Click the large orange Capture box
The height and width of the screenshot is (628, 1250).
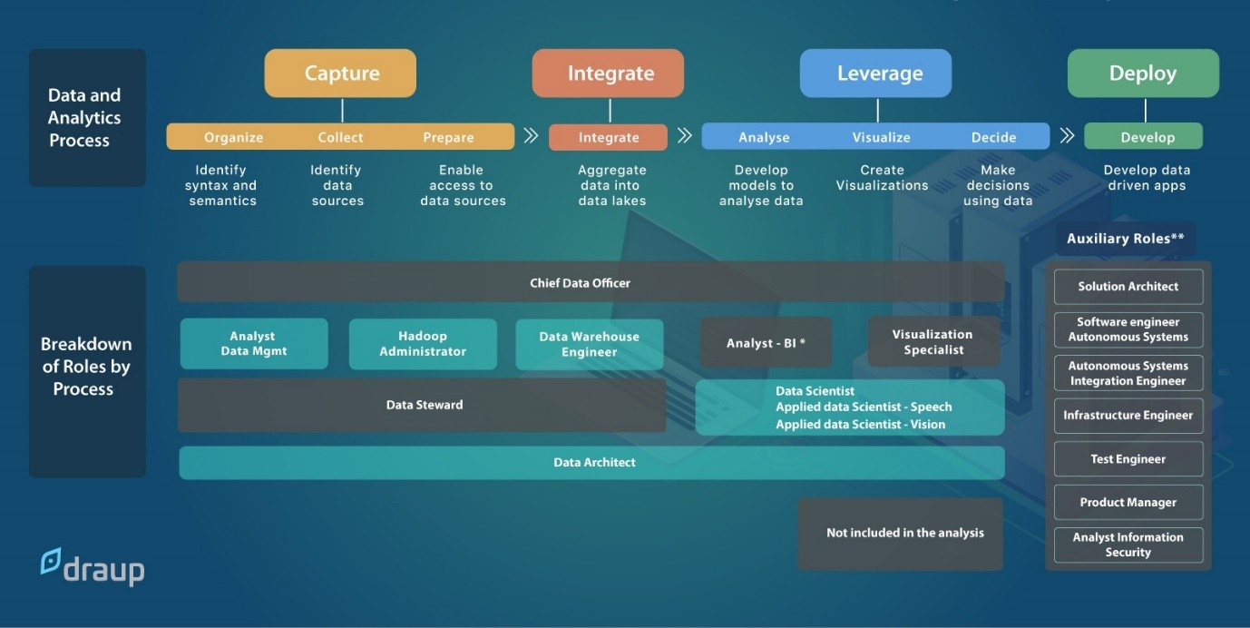(340, 74)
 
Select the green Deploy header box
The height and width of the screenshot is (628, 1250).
(1143, 74)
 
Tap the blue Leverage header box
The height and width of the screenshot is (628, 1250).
(875, 74)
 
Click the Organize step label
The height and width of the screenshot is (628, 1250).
(233, 137)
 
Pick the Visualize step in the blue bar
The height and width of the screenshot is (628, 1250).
(881, 137)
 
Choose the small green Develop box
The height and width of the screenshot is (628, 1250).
(1143, 137)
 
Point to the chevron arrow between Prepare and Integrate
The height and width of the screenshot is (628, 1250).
(531, 136)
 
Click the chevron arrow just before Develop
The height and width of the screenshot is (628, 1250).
(1067, 136)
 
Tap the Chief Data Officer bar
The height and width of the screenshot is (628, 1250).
(591, 282)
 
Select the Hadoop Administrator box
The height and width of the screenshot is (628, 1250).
(423, 344)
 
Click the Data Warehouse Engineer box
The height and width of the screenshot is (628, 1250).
(589, 344)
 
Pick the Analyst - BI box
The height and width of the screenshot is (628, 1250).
(767, 343)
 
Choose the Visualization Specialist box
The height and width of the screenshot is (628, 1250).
(933, 342)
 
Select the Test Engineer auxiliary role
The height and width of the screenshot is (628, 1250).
(1128, 458)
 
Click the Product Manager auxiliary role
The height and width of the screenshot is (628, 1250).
(1128, 502)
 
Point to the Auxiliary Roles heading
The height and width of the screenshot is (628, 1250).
(1125, 239)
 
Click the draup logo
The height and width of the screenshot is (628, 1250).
(93, 567)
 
